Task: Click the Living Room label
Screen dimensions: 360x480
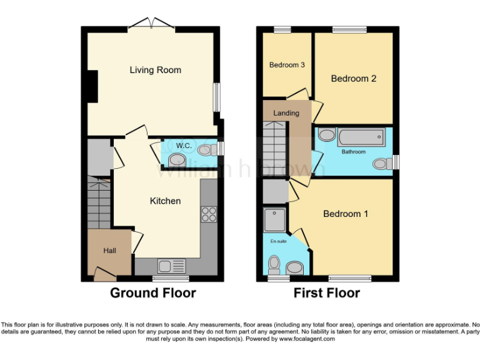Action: [155, 70]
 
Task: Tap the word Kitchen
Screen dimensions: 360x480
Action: [165, 201]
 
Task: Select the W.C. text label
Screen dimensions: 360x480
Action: [183, 146]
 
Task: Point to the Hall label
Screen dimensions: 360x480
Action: [109, 250]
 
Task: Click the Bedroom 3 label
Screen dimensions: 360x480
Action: [287, 65]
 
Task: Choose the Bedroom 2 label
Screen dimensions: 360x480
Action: [353, 79]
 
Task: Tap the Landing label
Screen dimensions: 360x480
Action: [286, 113]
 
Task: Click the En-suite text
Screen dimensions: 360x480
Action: [278, 241]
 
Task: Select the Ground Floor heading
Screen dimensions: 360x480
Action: [153, 292]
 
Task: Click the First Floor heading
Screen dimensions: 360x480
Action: [327, 292]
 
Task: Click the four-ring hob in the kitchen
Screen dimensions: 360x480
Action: [207, 214]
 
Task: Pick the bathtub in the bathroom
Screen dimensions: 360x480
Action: [362, 138]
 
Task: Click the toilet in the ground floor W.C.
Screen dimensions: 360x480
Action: [204, 150]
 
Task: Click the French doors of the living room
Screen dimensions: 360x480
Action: [151, 24]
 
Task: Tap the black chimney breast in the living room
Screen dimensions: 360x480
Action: [92, 86]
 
